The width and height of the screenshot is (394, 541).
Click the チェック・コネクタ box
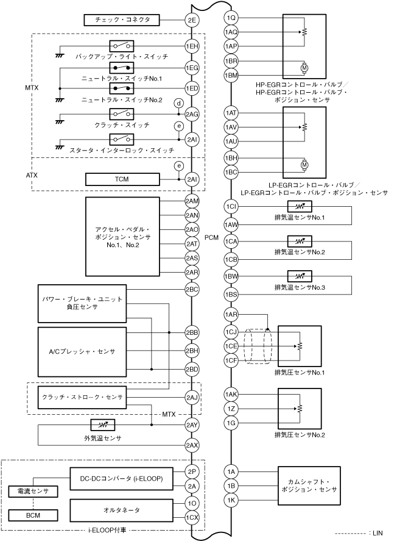click(122, 20)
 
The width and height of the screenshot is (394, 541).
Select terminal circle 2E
click(192, 20)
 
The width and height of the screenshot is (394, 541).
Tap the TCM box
click(122, 179)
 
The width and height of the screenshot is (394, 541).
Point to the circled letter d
click(178, 102)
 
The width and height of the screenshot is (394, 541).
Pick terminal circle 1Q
click(231, 18)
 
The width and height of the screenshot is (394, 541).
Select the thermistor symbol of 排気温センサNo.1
click(298, 207)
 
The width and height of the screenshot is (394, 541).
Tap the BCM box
click(33, 515)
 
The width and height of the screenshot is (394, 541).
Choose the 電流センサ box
click(33, 492)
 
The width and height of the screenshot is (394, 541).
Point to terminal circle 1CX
click(192, 517)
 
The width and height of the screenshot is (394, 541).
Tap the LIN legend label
click(377, 532)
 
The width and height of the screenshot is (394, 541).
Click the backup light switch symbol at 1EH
click(122, 46)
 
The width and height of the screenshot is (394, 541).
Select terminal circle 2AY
click(192, 425)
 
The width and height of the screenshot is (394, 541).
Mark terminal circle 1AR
click(231, 315)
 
